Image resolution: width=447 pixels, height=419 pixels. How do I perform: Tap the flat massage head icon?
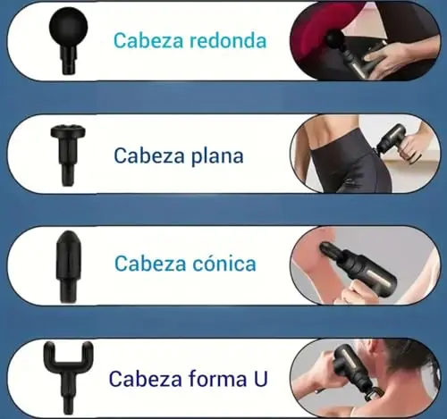click(x=68, y=155)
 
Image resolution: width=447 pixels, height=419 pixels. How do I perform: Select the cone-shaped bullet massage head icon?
click(x=68, y=266)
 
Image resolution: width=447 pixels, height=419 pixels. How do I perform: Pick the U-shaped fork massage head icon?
click(x=68, y=377)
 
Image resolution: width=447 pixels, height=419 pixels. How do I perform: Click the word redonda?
click(x=228, y=40)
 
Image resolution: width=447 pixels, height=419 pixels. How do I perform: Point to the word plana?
click(x=217, y=156)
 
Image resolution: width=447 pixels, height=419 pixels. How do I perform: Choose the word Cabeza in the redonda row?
click(x=148, y=40)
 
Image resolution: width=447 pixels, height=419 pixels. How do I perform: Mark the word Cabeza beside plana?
click(x=149, y=155)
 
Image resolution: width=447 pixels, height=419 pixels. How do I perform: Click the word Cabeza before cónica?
click(x=150, y=264)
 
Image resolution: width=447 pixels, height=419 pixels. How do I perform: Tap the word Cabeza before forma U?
click(x=146, y=378)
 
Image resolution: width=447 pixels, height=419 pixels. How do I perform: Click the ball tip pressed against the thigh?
click(x=335, y=39)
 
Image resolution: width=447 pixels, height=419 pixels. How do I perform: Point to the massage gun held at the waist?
click(x=397, y=140)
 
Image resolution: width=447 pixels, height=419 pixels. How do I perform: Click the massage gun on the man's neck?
click(x=355, y=369)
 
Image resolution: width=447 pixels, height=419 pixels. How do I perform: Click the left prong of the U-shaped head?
click(x=49, y=354)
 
